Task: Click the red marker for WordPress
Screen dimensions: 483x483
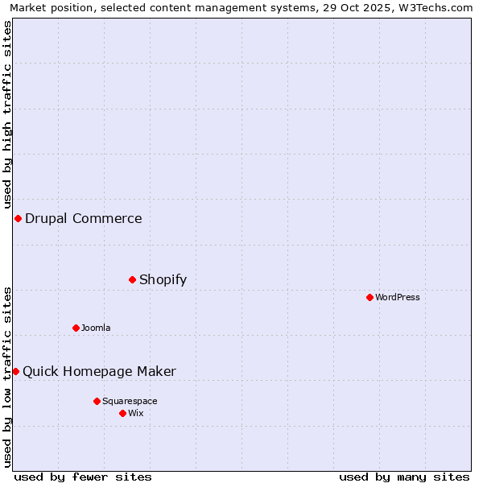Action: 369,297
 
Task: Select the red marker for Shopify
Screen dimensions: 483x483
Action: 132,279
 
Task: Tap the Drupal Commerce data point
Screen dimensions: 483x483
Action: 18,218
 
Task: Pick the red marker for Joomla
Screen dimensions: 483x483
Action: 76,328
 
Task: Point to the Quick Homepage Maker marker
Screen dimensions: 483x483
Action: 15,371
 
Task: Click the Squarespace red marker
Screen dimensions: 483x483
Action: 97,401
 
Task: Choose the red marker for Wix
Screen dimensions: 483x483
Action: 122,413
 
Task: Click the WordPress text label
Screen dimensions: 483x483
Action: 398,297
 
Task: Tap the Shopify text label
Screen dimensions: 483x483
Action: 163,279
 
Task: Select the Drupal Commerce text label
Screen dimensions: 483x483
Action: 84,218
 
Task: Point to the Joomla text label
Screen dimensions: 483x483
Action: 96,328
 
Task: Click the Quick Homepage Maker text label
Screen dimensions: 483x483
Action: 99,371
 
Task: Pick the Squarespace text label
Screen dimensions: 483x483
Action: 130,401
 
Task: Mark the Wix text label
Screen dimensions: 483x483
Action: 136,413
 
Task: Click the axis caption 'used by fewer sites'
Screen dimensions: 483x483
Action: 83,477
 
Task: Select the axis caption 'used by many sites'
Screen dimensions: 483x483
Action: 404,477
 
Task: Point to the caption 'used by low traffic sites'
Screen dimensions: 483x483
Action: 8,376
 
